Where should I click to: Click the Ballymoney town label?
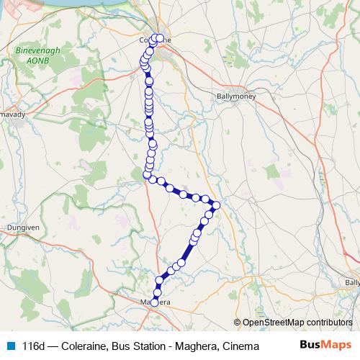pos(235,95)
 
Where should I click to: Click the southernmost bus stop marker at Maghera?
pos(154,302)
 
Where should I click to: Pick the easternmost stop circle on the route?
pos(216,207)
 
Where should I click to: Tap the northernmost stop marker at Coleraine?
pos(158,37)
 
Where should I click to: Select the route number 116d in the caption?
pos(35,346)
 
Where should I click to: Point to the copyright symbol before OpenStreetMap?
pos(238,322)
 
